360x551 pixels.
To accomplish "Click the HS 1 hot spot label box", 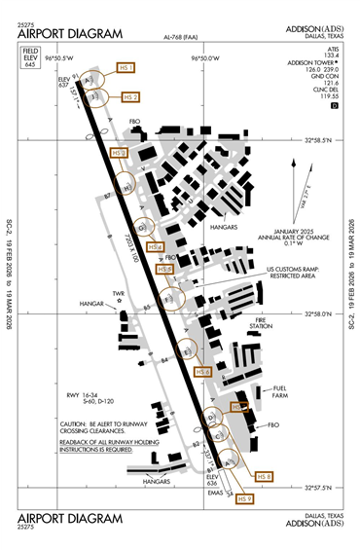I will point(126,68).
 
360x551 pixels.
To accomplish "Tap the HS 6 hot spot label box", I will point(203,372).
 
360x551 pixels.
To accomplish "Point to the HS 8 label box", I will point(263,476).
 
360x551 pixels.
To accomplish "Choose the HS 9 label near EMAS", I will point(245,498).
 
